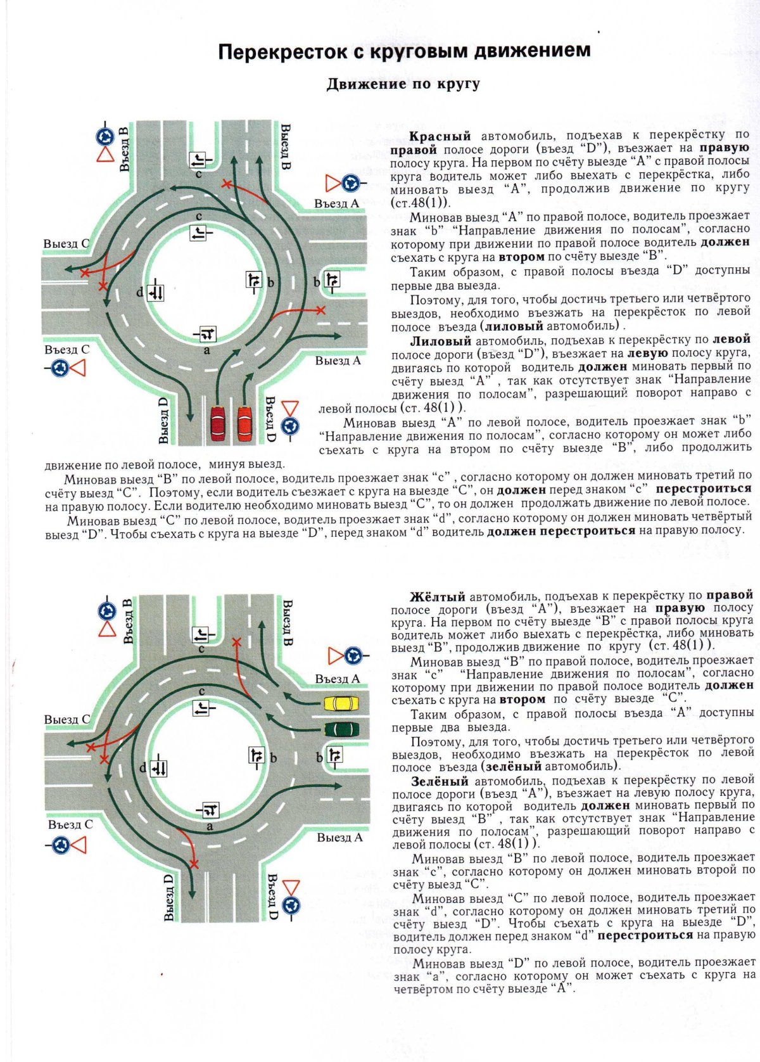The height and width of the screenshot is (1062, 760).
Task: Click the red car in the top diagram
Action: (x=245, y=422)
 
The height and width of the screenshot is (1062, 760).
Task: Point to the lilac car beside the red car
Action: (x=217, y=422)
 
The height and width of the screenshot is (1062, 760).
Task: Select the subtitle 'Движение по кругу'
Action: (x=403, y=84)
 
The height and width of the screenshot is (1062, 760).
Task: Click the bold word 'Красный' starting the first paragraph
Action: (x=440, y=136)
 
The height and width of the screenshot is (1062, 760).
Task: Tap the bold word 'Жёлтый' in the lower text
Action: (x=438, y=596)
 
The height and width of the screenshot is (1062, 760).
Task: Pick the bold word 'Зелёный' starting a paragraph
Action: (x=440, y=781)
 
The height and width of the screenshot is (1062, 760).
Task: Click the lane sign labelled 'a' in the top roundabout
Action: (x=208, y=334)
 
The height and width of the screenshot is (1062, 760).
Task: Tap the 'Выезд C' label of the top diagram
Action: (x=66, y=244)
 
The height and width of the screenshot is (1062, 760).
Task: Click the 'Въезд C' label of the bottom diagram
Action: (x=70, y=824)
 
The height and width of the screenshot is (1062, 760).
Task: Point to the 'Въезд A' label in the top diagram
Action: (x=336, y=204)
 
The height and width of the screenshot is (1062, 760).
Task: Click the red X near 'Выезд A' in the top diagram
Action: (x=321, y=310)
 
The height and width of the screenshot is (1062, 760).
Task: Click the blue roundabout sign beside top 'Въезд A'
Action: (x=350, y=184)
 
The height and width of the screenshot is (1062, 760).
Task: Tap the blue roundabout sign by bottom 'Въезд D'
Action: (x=291, y=905)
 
